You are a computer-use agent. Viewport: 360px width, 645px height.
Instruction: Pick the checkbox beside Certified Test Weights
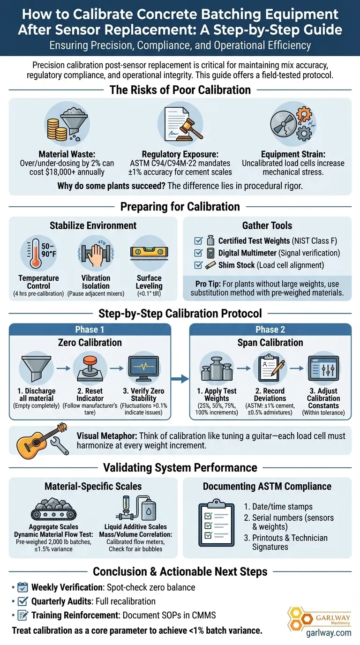click(198, 241)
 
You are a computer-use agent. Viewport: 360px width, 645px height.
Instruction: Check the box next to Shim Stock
click(198, 265)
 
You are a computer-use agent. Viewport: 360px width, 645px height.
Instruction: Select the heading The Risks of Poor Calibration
click(180, 90)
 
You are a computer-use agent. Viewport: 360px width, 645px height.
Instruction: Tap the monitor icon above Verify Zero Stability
click(141, 366)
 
